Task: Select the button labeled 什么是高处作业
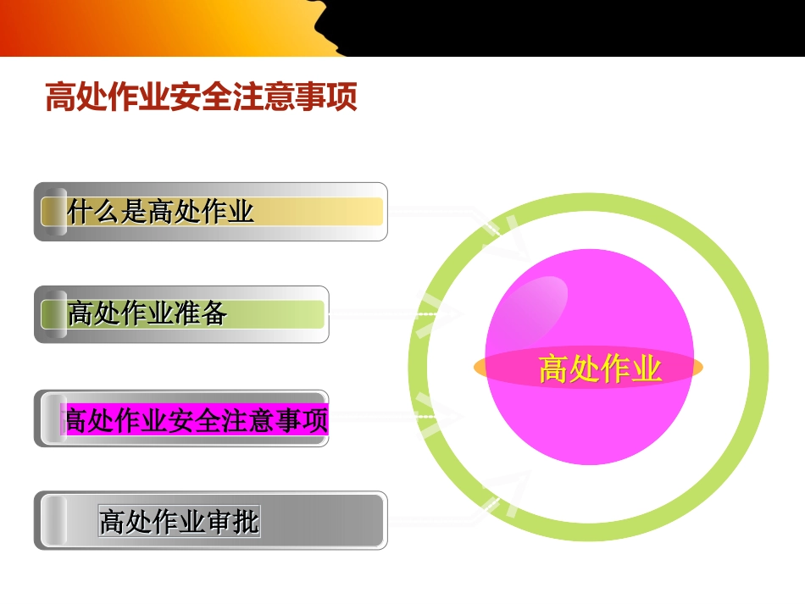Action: (x=210, y=212)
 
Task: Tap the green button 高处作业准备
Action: (x=181, y=314)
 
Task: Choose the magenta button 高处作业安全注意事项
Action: (x=195, y=419)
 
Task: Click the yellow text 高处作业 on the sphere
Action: (x=600, y=369)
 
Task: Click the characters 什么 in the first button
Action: (x=94, y=211)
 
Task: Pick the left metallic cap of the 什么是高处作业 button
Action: (x=54, y=212)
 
